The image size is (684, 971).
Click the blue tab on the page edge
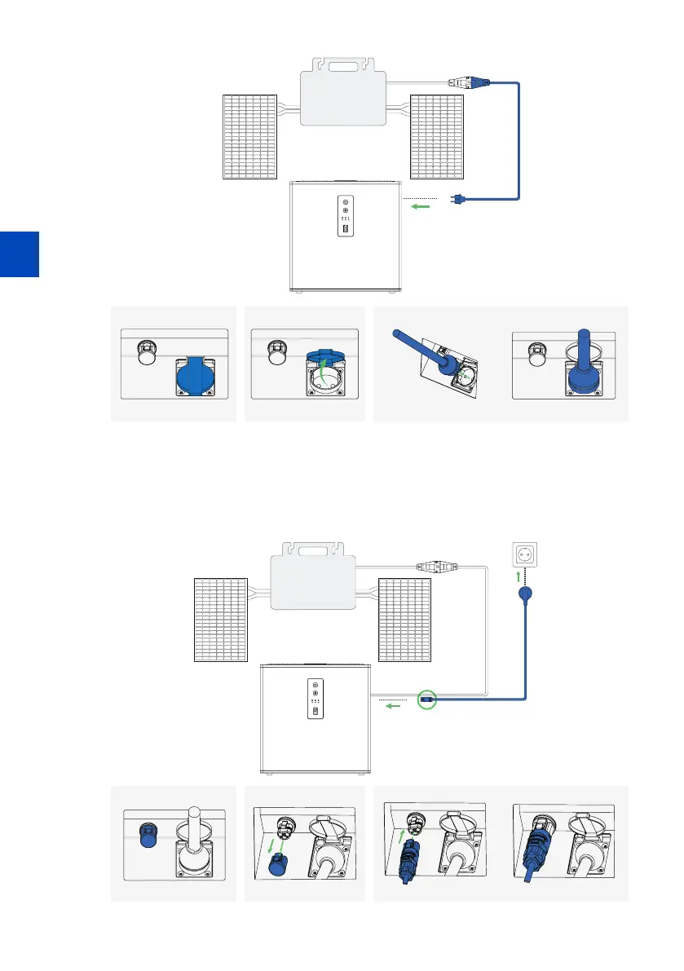pos(19,254)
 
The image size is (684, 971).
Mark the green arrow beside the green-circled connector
pos(393,706)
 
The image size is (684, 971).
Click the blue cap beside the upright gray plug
pos(148,836)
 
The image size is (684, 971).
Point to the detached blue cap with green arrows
pos(277,862)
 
